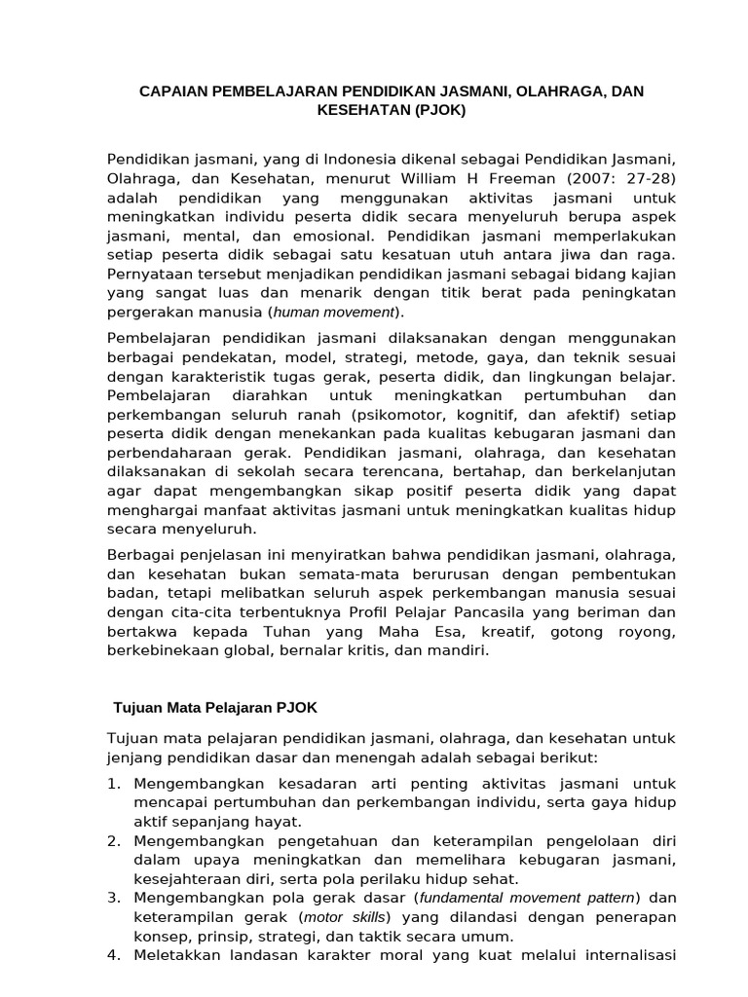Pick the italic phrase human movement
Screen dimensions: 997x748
[334, 312]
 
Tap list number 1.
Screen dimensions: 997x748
[113, 783]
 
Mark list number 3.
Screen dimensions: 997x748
[113, 897]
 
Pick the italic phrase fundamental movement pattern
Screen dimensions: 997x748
[526, 897]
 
